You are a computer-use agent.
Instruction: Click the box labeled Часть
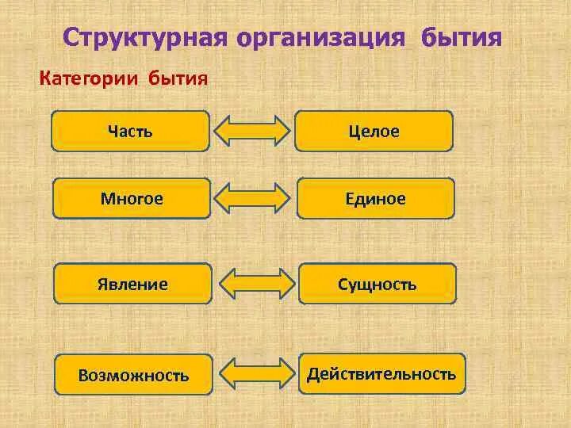131,131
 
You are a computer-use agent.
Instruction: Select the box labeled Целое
374,131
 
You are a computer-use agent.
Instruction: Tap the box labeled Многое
132,198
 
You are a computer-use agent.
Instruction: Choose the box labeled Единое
376,198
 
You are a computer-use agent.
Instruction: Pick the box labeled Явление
132,284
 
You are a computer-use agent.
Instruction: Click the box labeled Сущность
377,284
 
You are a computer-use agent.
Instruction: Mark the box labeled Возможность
133,375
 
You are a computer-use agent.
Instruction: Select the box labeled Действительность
381,373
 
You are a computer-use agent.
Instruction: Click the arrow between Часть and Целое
253,131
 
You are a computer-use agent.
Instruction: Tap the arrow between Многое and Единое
253,198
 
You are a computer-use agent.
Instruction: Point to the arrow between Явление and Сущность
255,284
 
